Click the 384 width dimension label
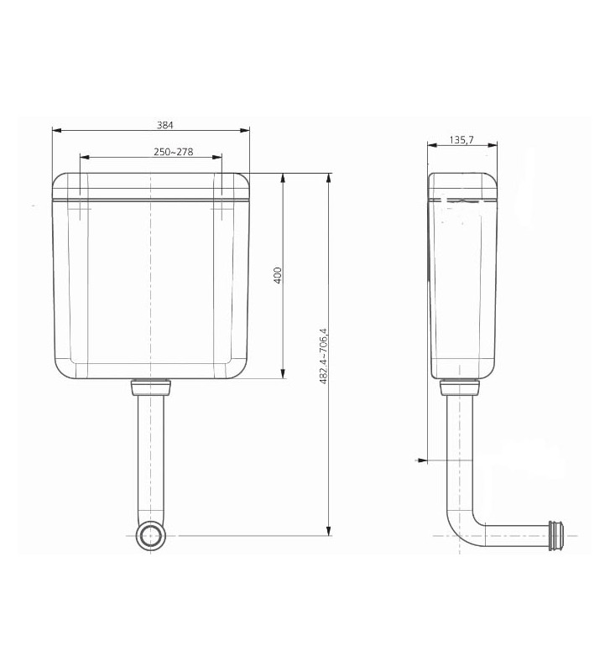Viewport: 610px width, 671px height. (165, 124)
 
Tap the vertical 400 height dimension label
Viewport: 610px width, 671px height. (277, 275)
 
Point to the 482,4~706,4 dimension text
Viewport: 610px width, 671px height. (323, 355)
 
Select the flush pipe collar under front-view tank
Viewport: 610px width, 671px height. (151, 387)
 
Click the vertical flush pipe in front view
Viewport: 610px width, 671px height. (151, 453)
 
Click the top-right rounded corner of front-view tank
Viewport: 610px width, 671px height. (242, 180)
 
